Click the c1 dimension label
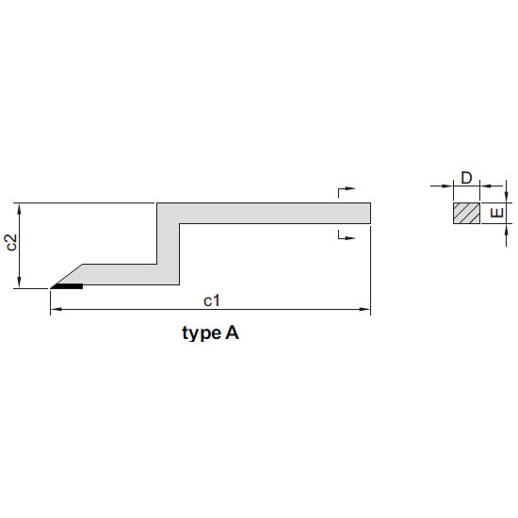tap(211, 301)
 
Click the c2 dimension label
tap(12, 242)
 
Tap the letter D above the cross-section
tap(466, 178)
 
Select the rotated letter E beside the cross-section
tap(496, 213)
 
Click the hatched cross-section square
tap(466, 213)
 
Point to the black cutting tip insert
tap(68, 286)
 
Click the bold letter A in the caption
tap(232, 332)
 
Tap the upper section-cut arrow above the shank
tap(347, 191)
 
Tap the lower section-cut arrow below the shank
tap(347, 235)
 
